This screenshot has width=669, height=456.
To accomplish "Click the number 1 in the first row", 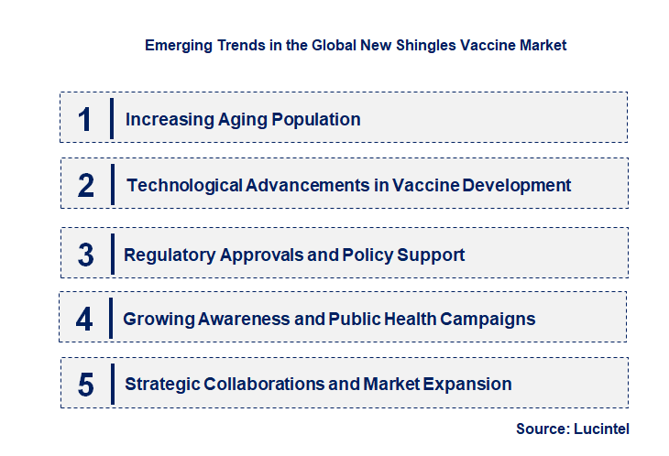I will click(x=85, y=119).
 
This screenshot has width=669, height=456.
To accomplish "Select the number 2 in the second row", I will click(x=86, y=185).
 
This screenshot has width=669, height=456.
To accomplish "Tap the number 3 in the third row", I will click(x=85, y=255).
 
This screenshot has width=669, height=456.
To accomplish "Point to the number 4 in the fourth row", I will click(x=85, y=319).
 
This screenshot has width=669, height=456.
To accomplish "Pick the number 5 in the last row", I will click(x=85, y=385).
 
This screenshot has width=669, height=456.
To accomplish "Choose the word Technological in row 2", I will click(x=184, y=185).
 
